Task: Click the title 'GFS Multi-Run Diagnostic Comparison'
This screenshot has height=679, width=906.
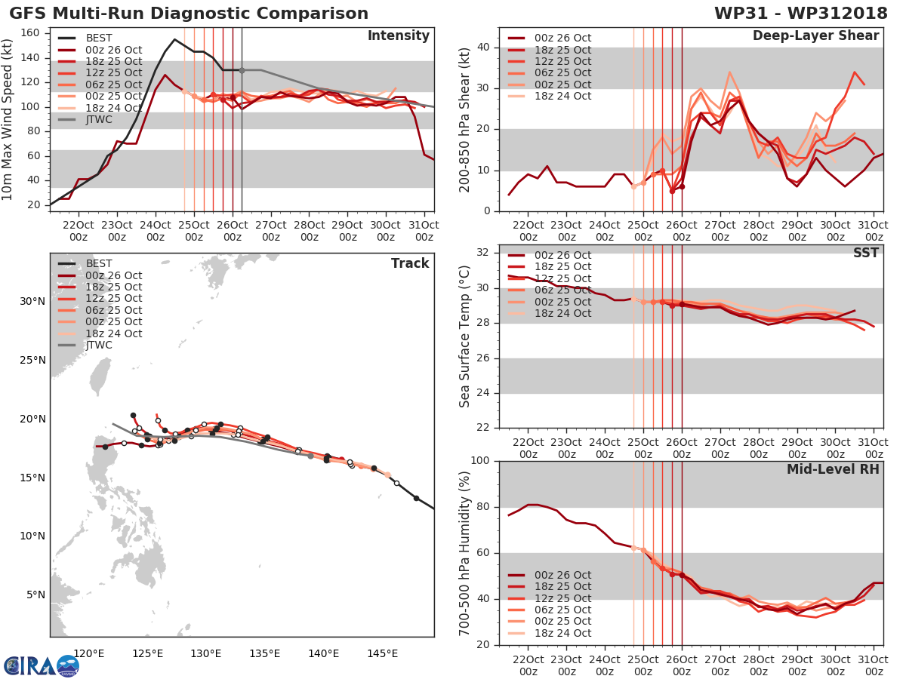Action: point(189,14)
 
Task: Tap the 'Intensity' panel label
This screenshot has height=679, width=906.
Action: point(398,36)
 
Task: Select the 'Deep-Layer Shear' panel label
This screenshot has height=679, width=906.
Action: point(815,36)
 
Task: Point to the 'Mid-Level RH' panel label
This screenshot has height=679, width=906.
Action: point(833,469)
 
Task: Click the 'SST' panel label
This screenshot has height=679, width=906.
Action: point(866,253)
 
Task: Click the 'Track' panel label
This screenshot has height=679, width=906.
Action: point(410,263)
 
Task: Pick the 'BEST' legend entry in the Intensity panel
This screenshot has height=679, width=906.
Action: point(100,38)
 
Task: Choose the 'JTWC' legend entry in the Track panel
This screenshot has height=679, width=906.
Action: point(100,346)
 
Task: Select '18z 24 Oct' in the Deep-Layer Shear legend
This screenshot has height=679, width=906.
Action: point(562,97)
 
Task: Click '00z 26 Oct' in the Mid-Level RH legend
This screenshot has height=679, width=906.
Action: point(562,575)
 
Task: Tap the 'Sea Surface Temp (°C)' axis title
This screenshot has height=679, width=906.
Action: point(465,336)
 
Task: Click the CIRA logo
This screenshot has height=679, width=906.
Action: point(41,666)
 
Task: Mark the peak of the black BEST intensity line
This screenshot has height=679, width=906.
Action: point(174,39)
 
